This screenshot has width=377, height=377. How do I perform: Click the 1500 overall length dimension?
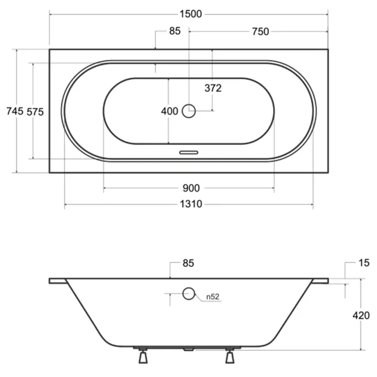coord(190,14)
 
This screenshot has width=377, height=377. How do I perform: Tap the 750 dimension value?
coord(260,32)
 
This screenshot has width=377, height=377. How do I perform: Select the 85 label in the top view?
coord(175,31)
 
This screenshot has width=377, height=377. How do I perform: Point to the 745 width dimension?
coord(15,111)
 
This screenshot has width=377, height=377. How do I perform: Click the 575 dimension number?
coord(35,112)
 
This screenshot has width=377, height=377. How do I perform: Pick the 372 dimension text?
coord(213,88)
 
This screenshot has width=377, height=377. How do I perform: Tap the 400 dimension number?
coord(170,111)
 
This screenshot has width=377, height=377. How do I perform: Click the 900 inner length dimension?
coord(191,188)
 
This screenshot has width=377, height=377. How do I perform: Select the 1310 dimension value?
coord(191,204)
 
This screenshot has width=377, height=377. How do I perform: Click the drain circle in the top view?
coord(189,111)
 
